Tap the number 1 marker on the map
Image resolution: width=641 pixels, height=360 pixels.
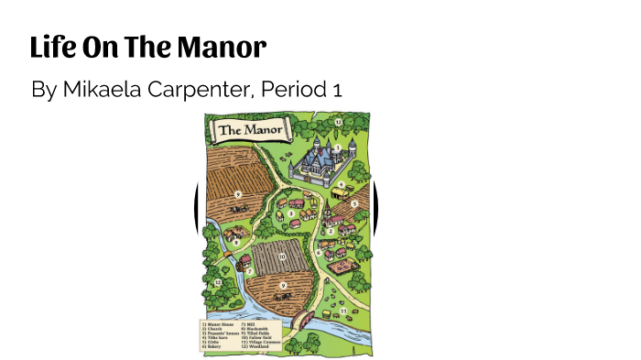tap(338, 147)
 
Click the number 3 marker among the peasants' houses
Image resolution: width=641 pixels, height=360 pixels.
tap(291, 213)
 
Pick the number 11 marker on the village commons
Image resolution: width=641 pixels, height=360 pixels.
tap(343, 311)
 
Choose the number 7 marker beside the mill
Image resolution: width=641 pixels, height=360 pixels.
tap(249, 271)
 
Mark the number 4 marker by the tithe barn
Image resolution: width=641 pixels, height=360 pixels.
tap(355, 203)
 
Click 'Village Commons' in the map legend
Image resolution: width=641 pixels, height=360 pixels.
tap(259, 342)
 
